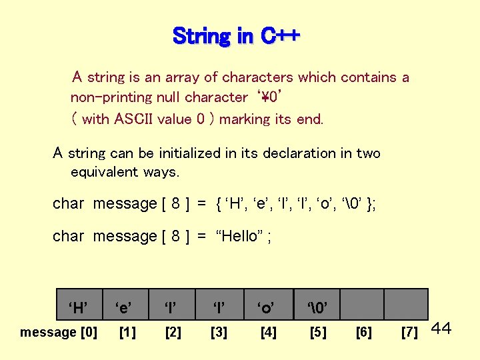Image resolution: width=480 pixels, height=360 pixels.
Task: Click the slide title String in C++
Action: (x=237, y=35)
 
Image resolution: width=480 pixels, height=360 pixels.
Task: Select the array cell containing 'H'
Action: (x=77, y=307)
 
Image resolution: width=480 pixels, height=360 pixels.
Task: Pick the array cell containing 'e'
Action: (x=123, y=307)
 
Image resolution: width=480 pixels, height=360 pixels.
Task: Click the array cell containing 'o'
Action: (x=267, y=307)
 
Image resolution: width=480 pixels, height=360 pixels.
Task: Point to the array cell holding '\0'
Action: (x=315, y=307)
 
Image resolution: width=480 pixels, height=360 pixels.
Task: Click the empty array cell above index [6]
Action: (x=362, y=304)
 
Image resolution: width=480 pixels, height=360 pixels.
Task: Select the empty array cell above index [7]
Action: (x=406, y=304)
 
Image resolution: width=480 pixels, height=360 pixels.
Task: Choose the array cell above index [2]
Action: (x=172, y=307)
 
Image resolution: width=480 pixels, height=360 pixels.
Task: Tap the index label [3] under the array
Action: (x=219, y=332)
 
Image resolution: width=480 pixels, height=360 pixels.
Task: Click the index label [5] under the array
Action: (x=318, y=332)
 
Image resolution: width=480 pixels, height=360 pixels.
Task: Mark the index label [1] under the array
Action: (x=125, y=332)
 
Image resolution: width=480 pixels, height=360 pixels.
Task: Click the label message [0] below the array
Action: (x=59, y=332)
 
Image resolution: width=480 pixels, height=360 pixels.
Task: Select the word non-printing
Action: (x=111, y=97)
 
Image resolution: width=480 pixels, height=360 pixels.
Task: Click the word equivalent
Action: (x=105, y=172)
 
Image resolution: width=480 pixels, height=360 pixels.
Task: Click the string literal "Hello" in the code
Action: (x=239, y=237)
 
